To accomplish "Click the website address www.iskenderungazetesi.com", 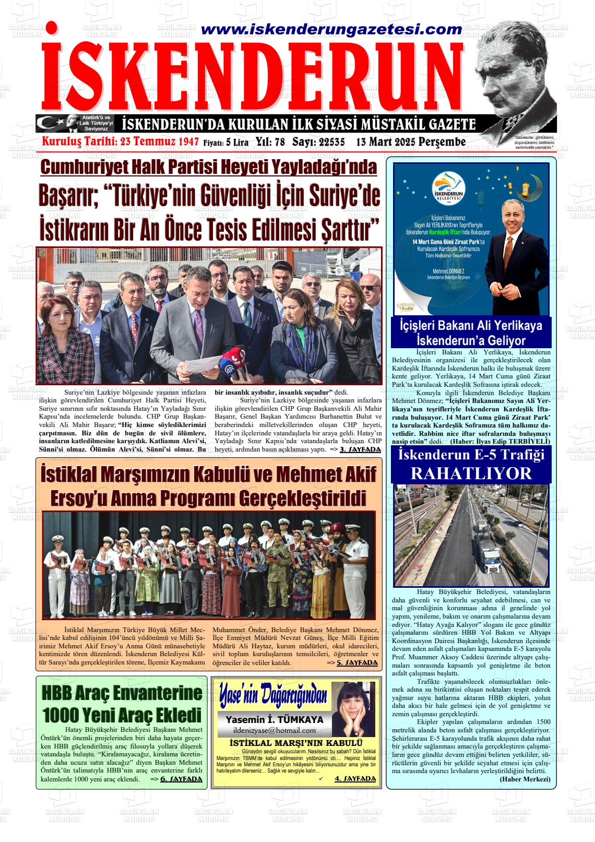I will pos(331,30).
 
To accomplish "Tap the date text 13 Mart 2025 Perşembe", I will pos(411,142).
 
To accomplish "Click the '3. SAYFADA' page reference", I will pos(360,449).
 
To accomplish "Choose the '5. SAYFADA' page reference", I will pos(356,663).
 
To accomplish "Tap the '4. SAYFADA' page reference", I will pos(355,778).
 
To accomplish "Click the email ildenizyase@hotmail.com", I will pos(275,730).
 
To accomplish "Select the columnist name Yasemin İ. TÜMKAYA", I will pos(275,719).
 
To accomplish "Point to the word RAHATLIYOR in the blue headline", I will pos(471,473).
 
